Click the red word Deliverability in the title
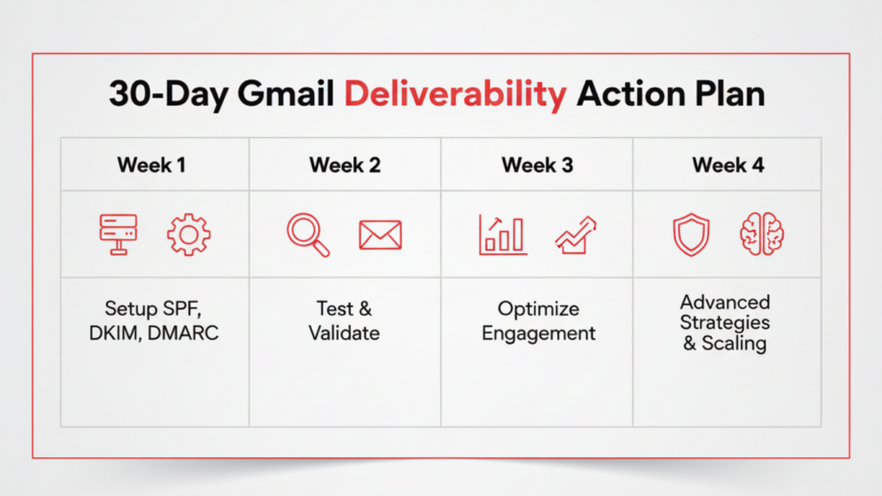click(x=456, y=94)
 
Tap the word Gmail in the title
click(x=286, y=93)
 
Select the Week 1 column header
click(x=152, y=164)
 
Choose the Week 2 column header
click(x=345, y=164)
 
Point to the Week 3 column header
click(x=537, y=164)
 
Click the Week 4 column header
click(x=728, y=164)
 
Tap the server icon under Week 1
click(x=118, y=234)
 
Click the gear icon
click(x=189, y=234)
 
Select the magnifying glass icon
click(x=308, y=235)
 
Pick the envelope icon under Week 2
click(x=380, y=235)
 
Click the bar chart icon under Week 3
click(x=503, y=234)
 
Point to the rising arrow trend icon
click(x=575, y=235)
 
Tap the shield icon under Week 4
click(x=692, y=234)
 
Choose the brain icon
click(x=762, y=234)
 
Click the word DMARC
click(x=183, y=333)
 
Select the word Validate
click(x=345, y=333)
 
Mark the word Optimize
click(x=538, y=309)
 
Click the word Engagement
click(x=538, y=333)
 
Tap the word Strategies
click(x=724, y=323)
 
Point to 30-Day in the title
click(x=168, y=94)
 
